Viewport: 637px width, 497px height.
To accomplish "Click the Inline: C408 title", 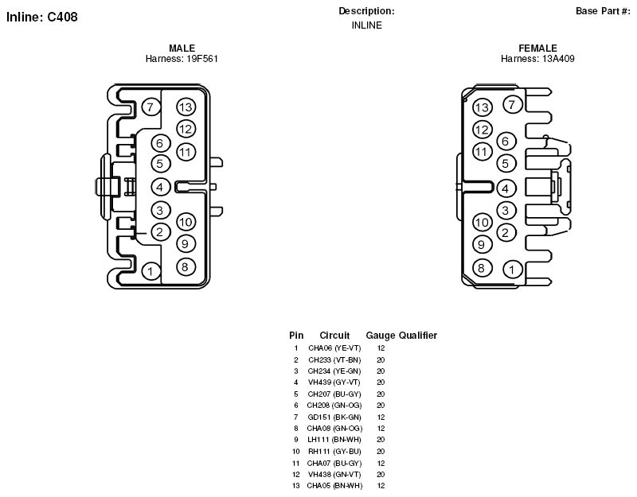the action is click(x=42, y=17).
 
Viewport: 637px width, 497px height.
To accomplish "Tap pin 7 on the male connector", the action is click(x=150, y=107).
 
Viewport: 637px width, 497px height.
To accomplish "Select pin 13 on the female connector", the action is click(x=483, y=107).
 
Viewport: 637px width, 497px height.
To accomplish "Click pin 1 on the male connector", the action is click(x=150, y=271).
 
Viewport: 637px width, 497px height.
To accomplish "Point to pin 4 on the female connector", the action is click(x=506, y=188).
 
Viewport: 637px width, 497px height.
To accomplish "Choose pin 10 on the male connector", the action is click(x=186, y=222).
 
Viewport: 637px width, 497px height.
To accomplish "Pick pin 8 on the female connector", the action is click(x=482, y=268).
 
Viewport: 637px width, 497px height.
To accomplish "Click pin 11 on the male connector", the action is click(x=186, y=152).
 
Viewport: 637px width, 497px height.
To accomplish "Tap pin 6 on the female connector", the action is click(x=506, y=142).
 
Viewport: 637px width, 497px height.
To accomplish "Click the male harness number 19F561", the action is click(x=202, y=59).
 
